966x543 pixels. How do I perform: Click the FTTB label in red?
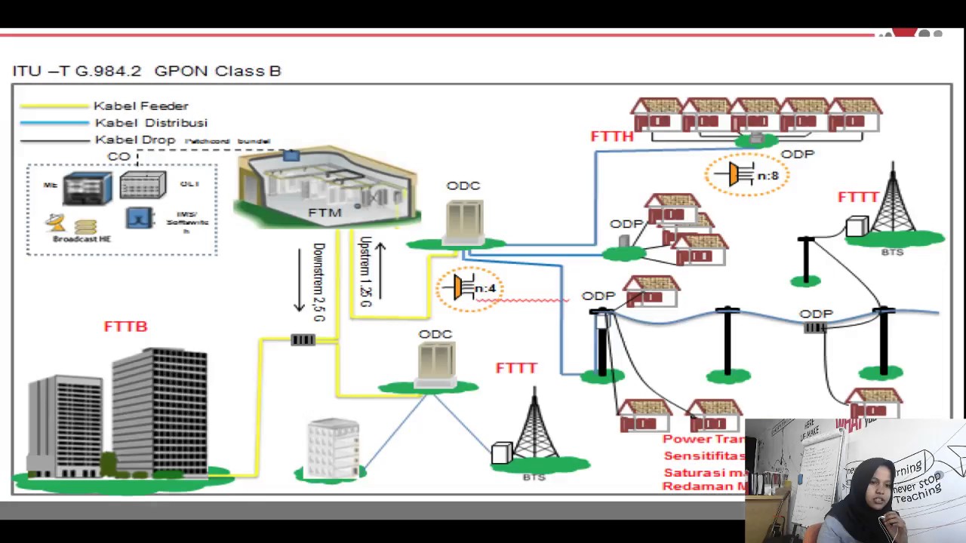click(x=125, y=327)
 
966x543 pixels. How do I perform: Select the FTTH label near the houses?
click(x=611, y=137)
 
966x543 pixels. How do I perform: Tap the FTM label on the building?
click(x=325, y=213)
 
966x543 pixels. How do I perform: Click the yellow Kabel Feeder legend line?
click(x=54, y=106)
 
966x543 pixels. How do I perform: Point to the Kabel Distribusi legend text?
click(x=151, y=123)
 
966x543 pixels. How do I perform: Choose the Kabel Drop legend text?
click(x=135, y=140)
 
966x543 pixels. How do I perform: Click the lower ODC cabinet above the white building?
click(x=435, y=362)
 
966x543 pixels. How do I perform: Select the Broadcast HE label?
click(x=82, y=239)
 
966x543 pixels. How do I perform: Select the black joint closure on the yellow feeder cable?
click(x=303, y=340)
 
